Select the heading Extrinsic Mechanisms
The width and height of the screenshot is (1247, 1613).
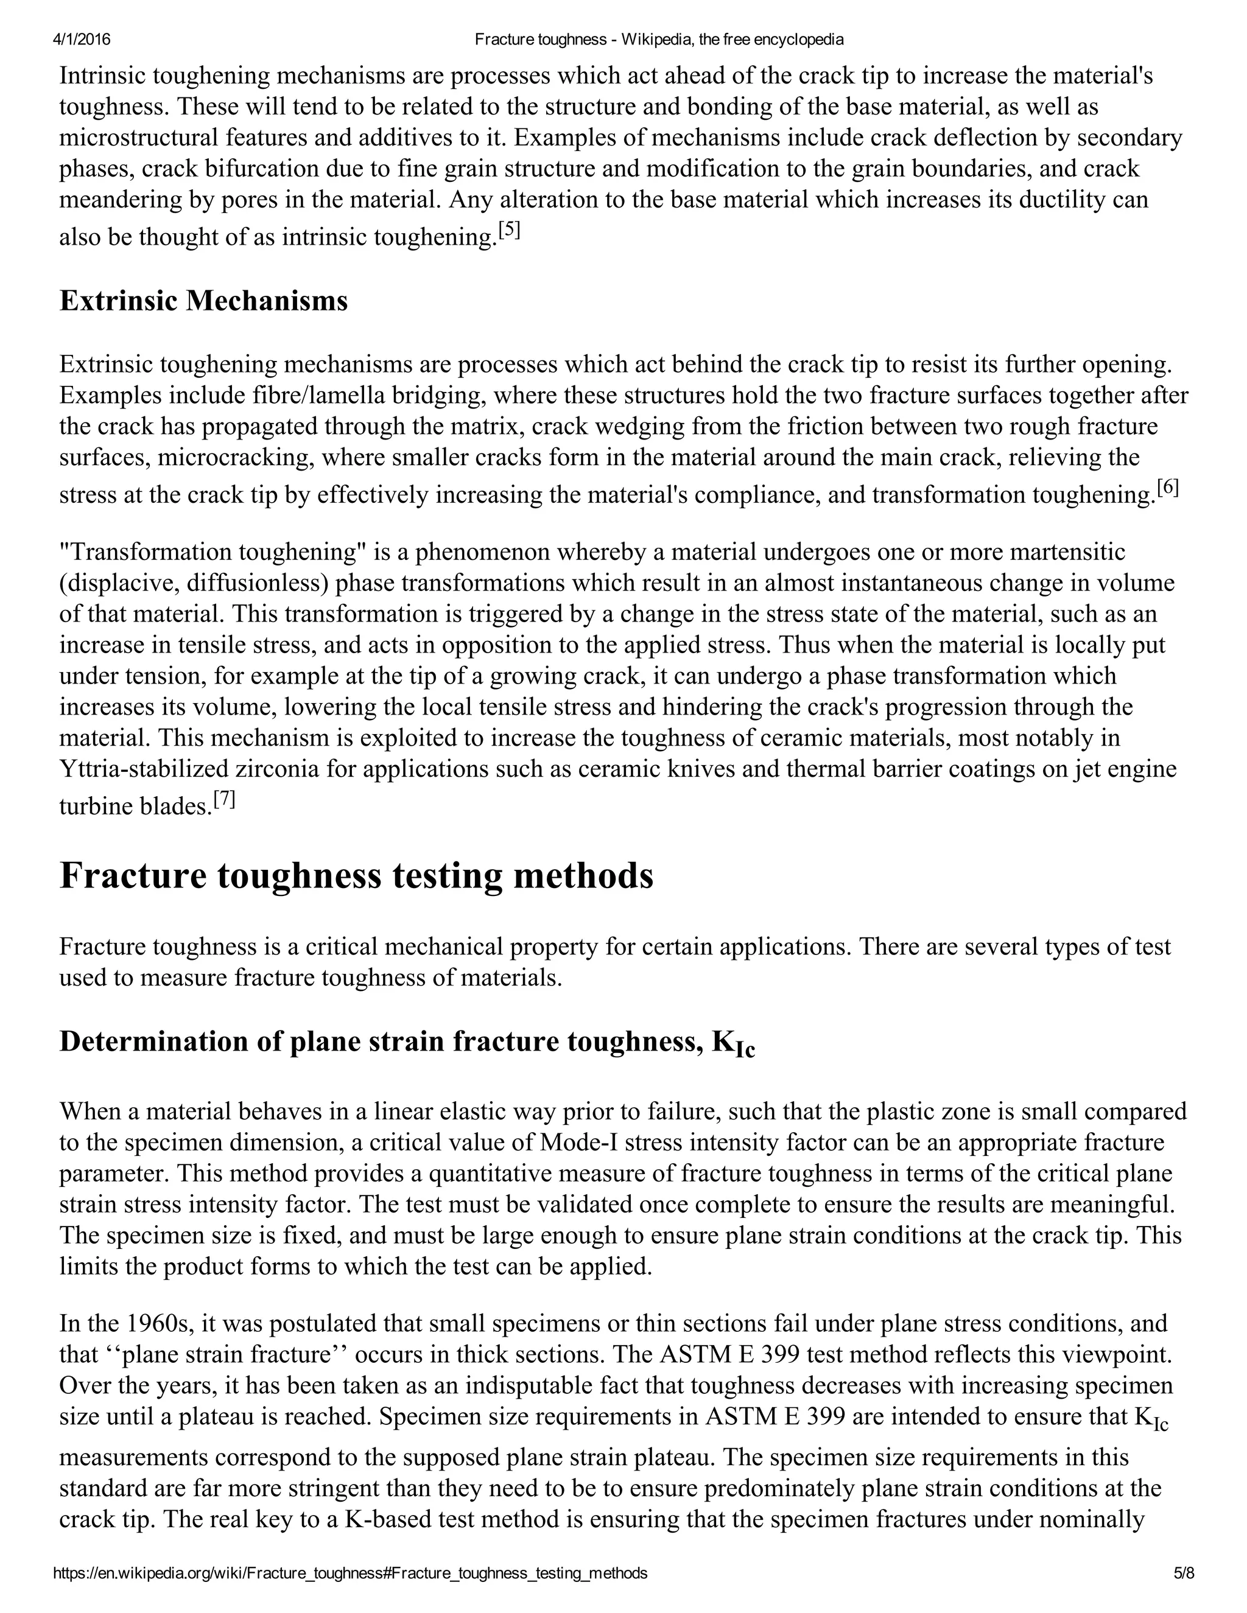point(203,301)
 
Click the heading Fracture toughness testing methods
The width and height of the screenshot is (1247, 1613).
point(356,876)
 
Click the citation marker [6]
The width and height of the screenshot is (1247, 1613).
point(1168,488)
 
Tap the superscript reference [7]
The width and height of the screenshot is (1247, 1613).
point(224,799)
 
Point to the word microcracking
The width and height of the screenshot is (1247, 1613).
point(236,457)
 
